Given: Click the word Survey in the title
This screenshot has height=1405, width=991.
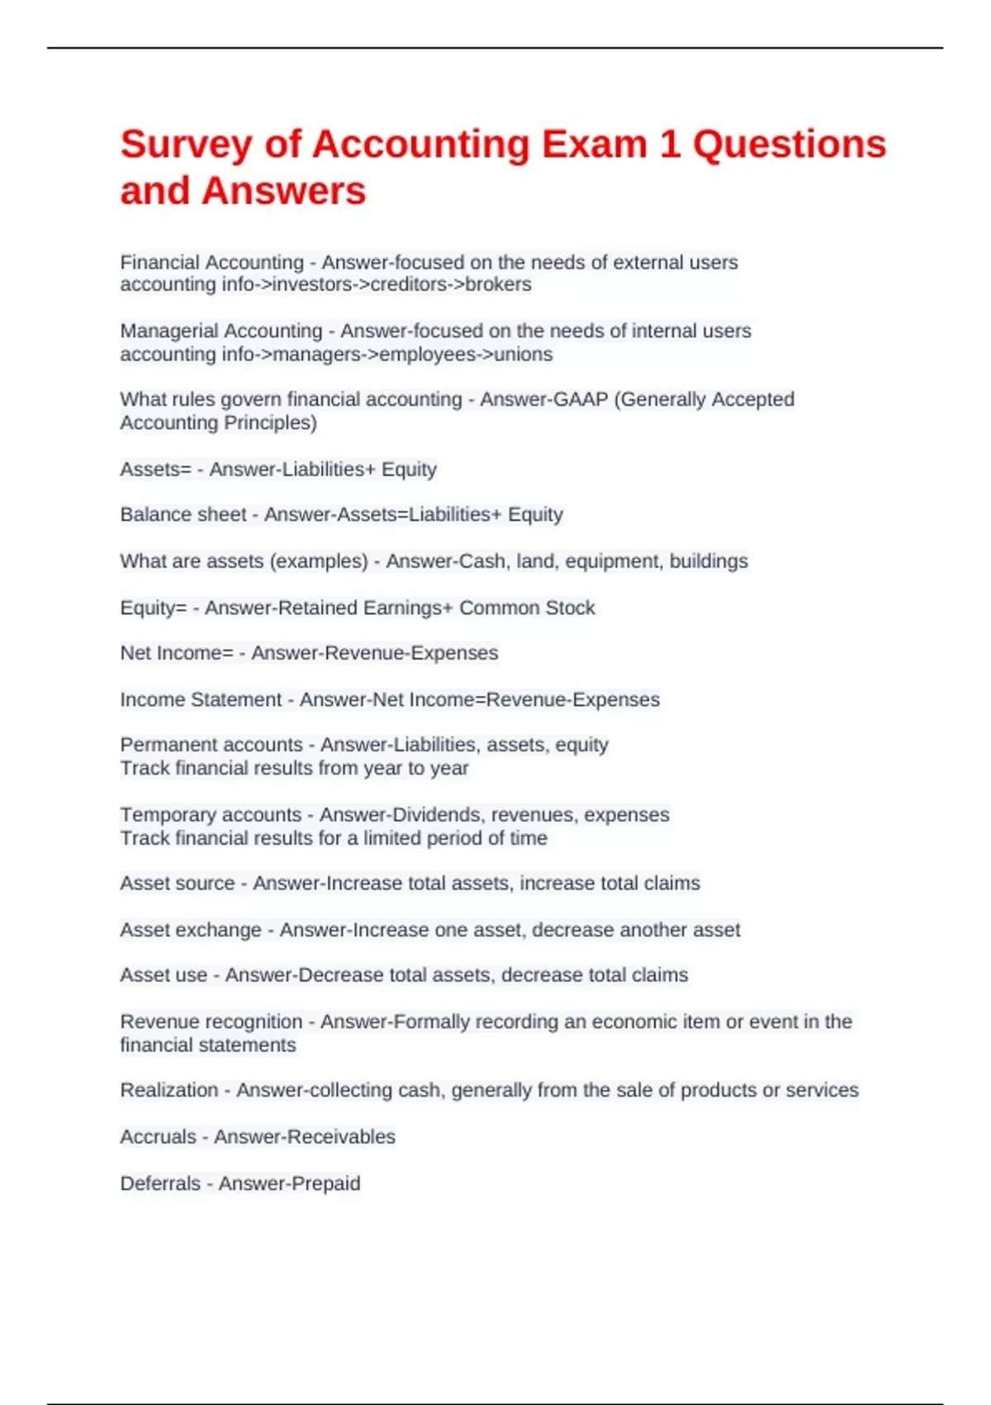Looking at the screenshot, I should (186, 145).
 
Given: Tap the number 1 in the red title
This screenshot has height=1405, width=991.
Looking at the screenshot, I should (670, 145).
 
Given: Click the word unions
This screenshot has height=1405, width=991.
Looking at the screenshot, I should (523, 355).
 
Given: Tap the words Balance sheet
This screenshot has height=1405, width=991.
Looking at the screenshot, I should (183, 515).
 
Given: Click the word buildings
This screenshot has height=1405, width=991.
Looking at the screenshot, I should (709, 561).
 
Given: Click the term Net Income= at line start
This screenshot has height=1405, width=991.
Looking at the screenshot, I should (176, 653).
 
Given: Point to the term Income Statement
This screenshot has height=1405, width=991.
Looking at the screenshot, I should (201, 700).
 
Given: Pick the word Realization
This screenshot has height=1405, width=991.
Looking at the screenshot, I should (169, 1090).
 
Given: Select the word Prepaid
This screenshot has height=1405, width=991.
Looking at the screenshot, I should (326, 1184).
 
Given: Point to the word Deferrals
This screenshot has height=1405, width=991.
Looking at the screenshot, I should (160, 1184).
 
